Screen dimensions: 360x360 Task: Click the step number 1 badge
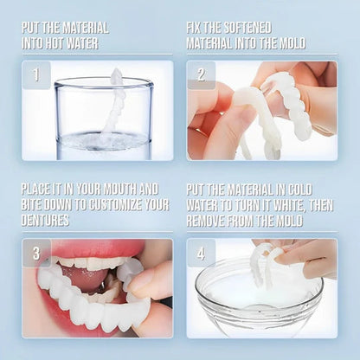tap(35, 74)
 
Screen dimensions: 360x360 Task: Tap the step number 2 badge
tap(200, 74)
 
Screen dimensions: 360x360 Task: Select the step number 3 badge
tap(35, 253)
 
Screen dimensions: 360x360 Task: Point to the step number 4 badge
tap(200, 253)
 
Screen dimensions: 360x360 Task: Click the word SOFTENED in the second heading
tap(250, 27)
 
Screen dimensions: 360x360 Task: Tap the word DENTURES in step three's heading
tap(51, 221)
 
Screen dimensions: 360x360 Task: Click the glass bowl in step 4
tap(251, 303)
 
